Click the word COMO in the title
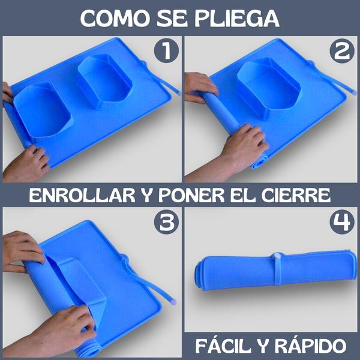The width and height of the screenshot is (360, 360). (x=115, y=19)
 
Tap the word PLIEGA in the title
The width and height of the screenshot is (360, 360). (x=237, y=19)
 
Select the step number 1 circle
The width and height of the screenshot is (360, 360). (x=166, y=51)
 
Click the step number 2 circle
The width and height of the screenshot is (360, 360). (x=342, y=51)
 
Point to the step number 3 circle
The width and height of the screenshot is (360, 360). (x=166, y=222)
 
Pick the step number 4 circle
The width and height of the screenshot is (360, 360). (x=342, y=222)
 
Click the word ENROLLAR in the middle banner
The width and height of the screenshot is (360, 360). (x=82, y=195)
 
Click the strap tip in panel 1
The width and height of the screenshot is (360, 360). (x=179, y=93)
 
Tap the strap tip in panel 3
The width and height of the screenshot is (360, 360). (x=173, y=301)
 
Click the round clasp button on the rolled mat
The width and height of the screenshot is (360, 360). (x=276, y=256)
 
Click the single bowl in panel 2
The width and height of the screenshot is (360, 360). (x=269, y=88)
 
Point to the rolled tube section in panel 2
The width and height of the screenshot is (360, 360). (x=220, y=112)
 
